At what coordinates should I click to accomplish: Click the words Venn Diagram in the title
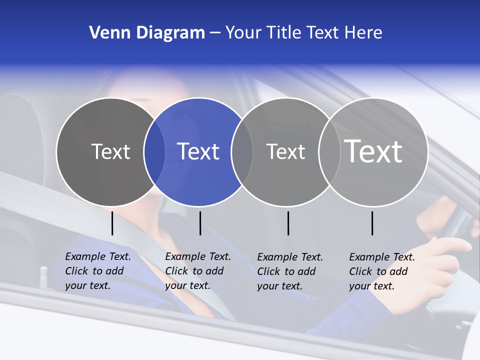coord(147,33)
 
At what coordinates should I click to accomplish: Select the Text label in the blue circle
coord(198,151)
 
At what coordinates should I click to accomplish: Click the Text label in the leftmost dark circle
coord(110,151)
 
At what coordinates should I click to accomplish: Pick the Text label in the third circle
coord(285,151)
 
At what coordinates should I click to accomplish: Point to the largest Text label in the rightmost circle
coord(373,151)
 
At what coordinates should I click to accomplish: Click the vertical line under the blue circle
coord(200,223)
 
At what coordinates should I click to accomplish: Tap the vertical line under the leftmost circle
coord(112,223)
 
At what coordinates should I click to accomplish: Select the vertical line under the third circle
coord(288,223)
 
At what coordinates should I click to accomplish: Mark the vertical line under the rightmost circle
coord(372,223)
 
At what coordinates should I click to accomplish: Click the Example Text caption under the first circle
coord(98,271)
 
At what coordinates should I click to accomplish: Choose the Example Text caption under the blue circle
coord(198,271)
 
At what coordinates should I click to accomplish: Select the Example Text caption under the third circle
coord(290,271)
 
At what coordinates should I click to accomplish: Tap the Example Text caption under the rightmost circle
coord(382,271)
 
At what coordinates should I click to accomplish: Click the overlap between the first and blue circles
coord(154,151)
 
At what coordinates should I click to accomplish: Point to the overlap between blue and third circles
coord(242,151)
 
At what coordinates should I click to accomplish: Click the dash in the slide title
coord(215,33)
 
